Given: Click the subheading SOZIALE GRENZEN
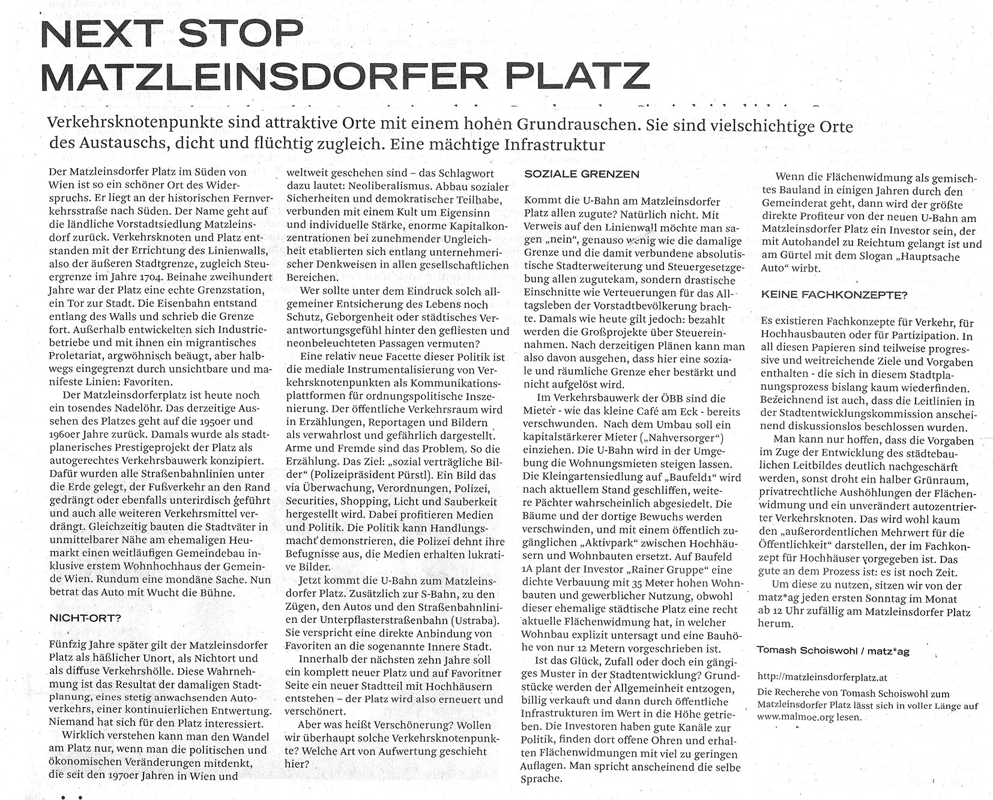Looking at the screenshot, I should coord(573,174).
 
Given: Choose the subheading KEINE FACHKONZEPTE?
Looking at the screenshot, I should coord(834,295).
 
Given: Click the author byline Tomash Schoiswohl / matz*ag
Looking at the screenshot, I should coord(833,651).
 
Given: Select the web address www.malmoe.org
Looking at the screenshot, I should coord(792,717).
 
